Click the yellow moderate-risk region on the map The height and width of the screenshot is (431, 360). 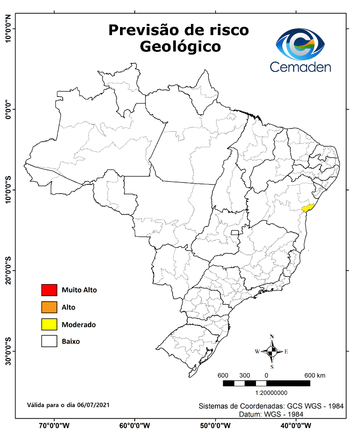(308, 208)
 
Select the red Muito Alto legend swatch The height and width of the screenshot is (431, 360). (49, 290)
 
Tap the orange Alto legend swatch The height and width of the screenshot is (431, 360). (49, 307)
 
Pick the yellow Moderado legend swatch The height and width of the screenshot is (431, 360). (49, 324)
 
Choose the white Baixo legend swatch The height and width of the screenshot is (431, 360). (49, 342)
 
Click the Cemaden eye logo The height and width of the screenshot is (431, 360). (301, 44)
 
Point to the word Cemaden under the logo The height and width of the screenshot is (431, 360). (301, 67)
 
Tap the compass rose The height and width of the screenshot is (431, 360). (272, 352)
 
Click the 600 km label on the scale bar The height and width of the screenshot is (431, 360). (315, 376)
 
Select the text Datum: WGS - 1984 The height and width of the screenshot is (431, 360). (271, 414)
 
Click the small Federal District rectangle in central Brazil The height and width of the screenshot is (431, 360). (235, 233)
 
